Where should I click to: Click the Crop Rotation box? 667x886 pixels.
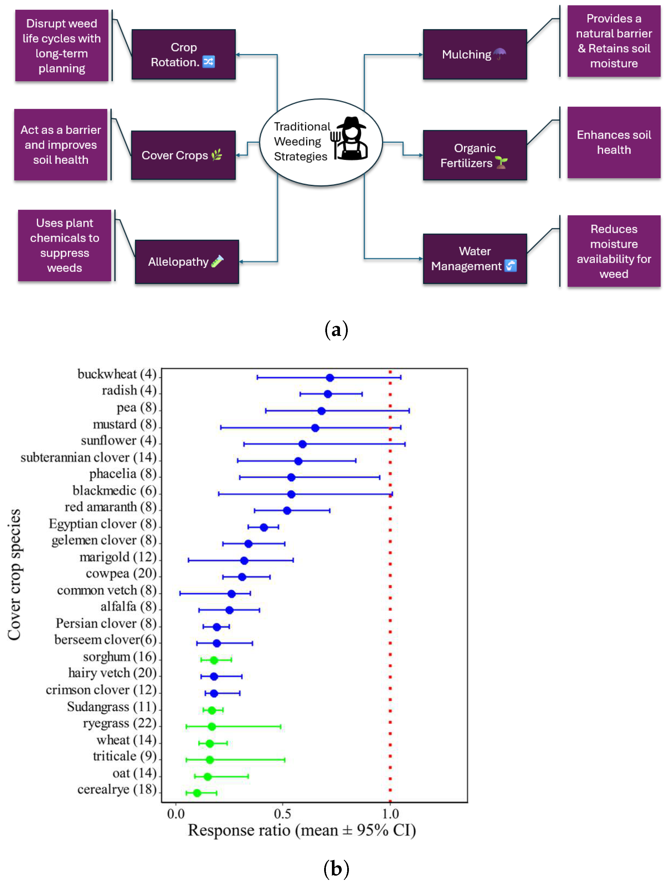point(183,54)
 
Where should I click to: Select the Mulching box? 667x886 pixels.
point(474,54)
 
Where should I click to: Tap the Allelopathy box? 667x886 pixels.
point(187,262)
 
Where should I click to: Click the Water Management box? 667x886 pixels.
point(474,259)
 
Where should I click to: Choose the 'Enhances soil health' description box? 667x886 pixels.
point(613,142)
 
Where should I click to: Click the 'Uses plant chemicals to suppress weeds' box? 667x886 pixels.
point(64,245)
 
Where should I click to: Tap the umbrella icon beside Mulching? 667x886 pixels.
point(499,54)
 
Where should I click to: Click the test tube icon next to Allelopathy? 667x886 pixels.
point(217,261)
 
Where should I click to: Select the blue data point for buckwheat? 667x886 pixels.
point(329,377)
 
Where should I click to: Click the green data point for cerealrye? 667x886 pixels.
point(197,793)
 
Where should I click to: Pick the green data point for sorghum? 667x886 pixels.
point(214,660)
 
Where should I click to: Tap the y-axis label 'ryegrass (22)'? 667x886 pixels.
point(119,723)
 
